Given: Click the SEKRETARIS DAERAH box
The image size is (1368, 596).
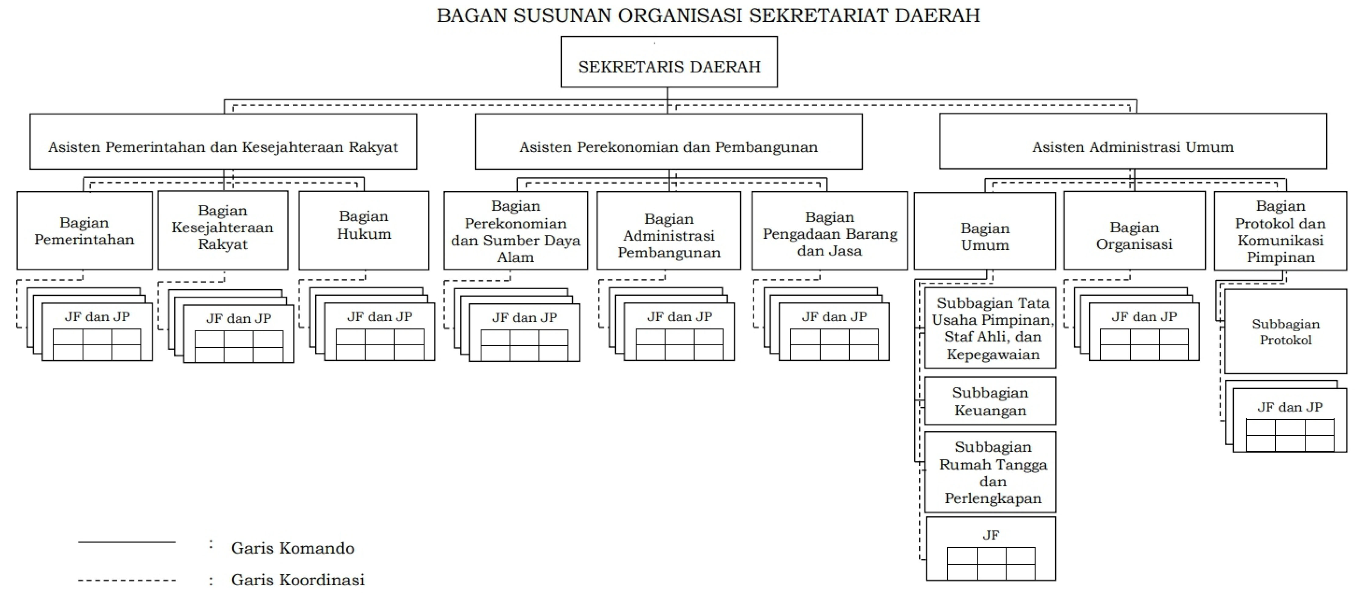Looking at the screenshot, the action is (669, 62).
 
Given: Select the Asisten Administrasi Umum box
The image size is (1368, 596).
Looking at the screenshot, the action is (1133, 141).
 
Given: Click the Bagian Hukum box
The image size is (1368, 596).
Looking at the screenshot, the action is (364, 231).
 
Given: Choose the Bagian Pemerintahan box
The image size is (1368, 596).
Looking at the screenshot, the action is (84, 231).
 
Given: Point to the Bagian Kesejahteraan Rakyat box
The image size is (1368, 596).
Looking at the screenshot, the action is (223, 231).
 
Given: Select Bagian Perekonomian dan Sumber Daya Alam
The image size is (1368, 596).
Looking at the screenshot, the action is (516, 231).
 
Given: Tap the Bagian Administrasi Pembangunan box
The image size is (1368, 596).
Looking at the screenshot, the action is (668, 231).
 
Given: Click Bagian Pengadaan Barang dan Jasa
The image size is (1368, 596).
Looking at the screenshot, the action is (830, 231).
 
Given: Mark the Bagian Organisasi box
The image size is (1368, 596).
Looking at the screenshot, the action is (1134, 231).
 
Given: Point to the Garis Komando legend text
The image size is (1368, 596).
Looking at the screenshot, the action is (293, 548).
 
